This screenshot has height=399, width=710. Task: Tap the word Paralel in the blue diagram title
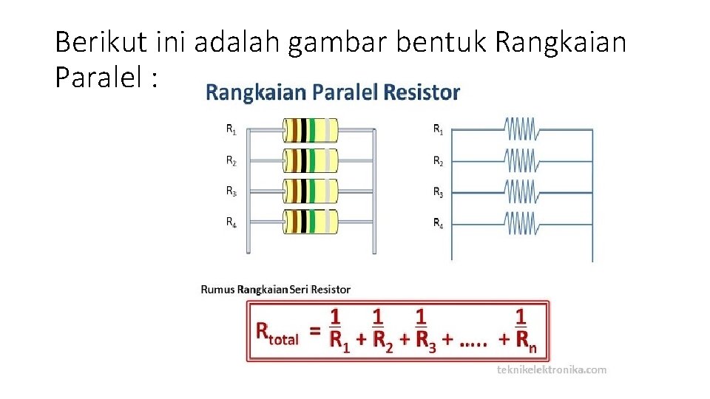345,92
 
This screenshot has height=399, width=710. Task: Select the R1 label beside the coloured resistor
231,129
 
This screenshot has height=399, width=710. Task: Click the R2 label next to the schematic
438,161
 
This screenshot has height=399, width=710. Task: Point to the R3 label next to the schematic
438,192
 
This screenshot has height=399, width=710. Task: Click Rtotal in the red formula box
277,333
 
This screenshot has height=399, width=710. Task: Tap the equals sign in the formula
315,332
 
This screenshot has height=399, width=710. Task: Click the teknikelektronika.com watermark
552,369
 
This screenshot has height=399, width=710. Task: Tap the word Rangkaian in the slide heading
560,43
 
